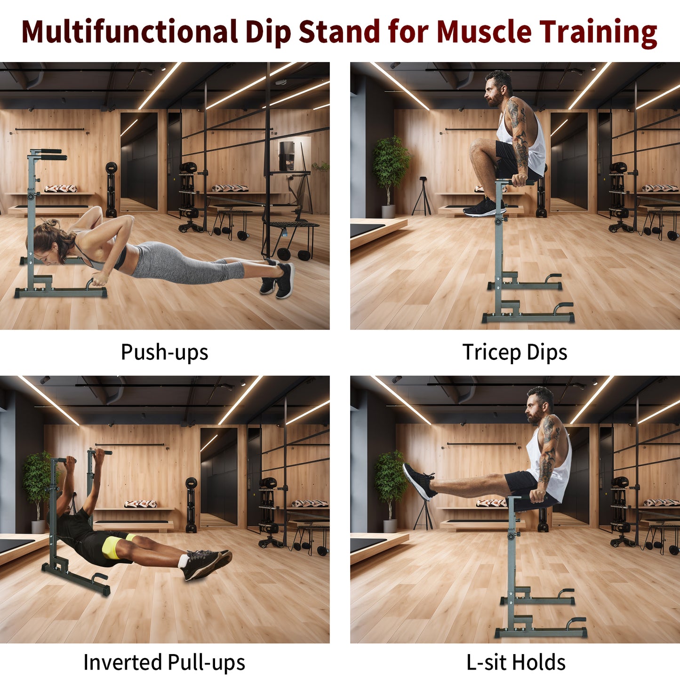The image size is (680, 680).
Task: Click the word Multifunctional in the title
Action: [129, 32]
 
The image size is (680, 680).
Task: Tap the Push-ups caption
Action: [164, 352]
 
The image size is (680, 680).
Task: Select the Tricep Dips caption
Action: [515, 352]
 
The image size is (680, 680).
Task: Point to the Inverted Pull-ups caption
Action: [164, 662]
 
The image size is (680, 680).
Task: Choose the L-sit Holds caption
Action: [516, 662]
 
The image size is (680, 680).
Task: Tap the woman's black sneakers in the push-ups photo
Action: [278, 280]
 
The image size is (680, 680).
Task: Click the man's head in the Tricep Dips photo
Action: [498, 88]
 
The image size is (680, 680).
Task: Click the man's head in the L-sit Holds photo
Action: [539, 405]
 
